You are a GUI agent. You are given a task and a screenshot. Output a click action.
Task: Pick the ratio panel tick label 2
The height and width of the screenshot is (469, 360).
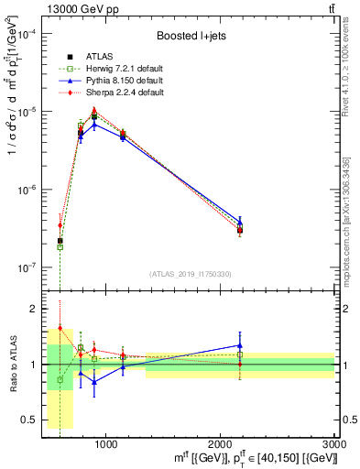pyautogui.click(x=34, y=309)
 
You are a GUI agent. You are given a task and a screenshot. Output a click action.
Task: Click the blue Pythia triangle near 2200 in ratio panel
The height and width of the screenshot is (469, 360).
pyautogui.click(x=240, y=345)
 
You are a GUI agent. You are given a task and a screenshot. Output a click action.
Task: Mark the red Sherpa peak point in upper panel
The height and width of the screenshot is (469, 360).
pyautogui.click(x=94, y=110)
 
